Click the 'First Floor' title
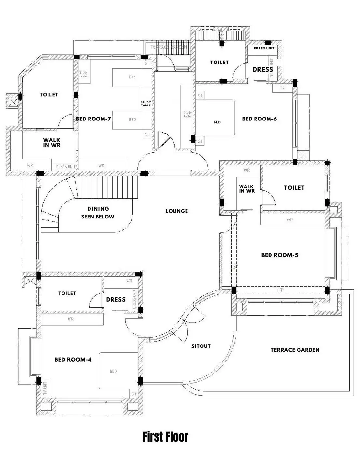click(x=165, y=437)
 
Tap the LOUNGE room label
click(x=177, y=211)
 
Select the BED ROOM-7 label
click(x=93, y=119)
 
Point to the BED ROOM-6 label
click(x=259, y=119)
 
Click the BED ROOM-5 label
click(x=280, y=255)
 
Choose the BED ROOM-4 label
click(x=73, y=359)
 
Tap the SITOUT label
click(x=201, y=346)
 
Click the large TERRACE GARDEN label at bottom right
click(x=295, y=350)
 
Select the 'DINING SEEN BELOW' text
click(x=98, y=213)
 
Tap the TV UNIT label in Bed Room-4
click(x=45, y=388)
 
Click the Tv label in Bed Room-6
click(x=282, y=88)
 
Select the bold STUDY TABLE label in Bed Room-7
click(x=146, y=104)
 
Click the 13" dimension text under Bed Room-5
click(x=280, y=290)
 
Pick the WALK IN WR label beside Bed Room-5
click(x=247, y=189)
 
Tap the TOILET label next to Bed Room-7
click(x=49, y=95)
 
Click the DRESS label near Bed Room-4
click(x=116, y=299)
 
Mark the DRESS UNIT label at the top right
click(x=264, y=48)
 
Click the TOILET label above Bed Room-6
click(x=219, y=62)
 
